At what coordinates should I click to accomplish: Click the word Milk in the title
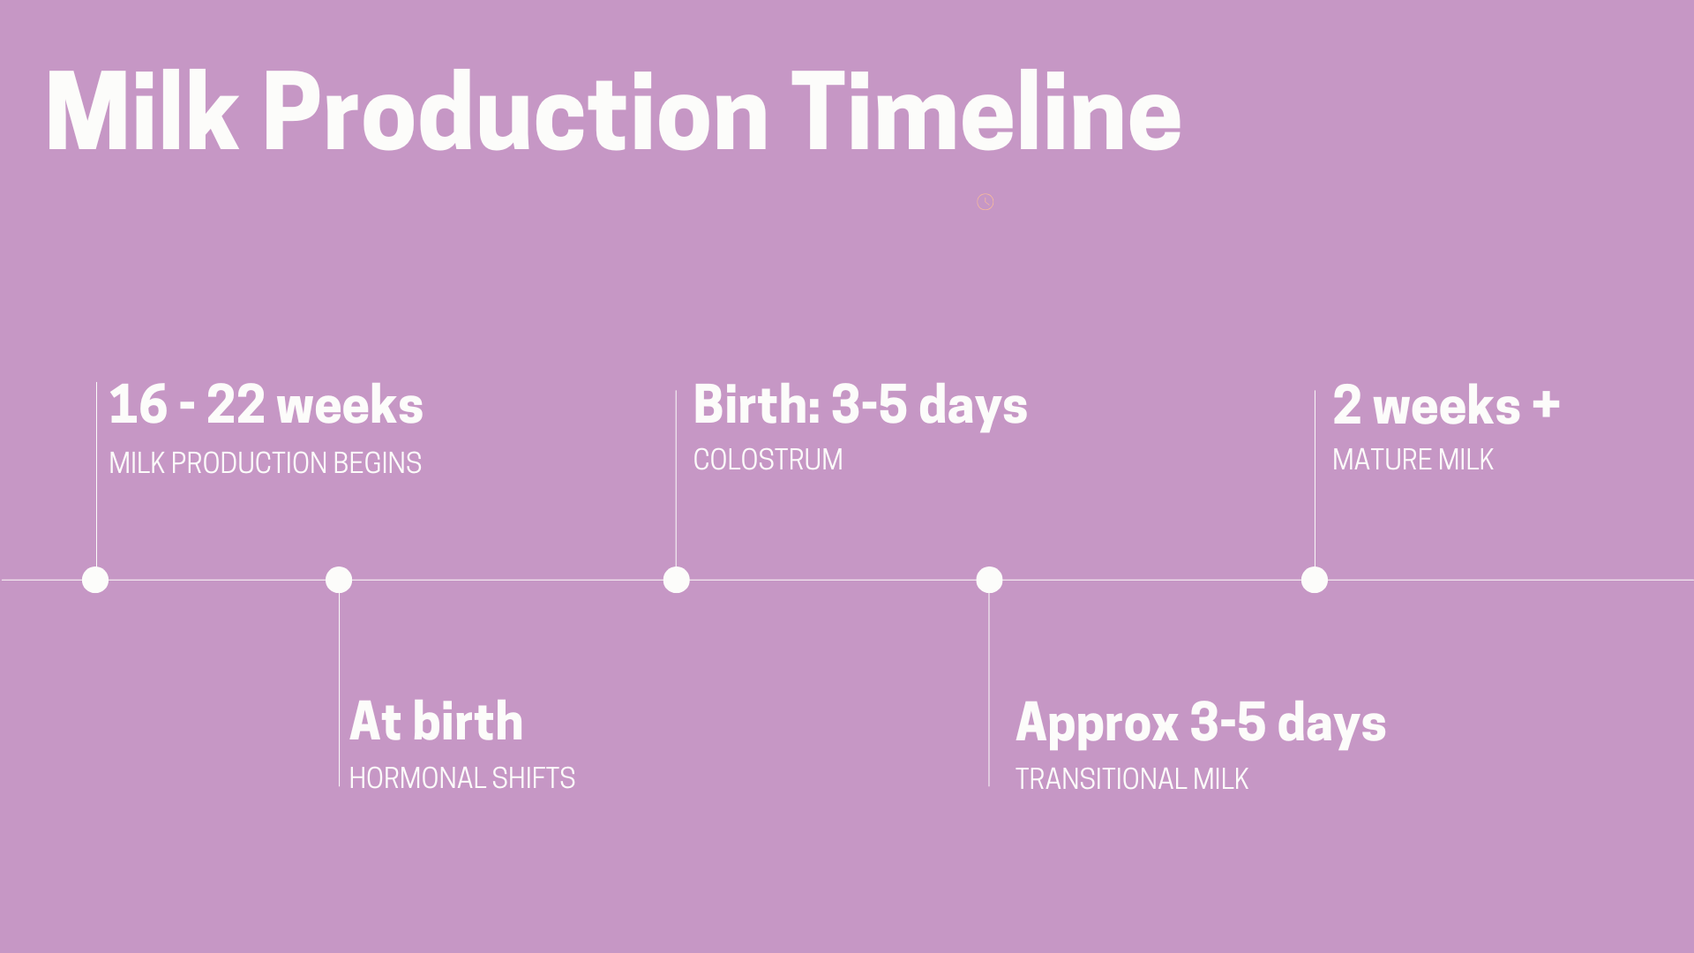point(142,112)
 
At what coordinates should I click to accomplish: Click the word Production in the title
point(515,112)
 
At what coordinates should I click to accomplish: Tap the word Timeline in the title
point(986,112)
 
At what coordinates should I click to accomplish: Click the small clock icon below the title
point(986,202)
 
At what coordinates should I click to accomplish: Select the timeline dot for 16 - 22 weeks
point(95,580)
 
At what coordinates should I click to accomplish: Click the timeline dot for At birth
point(339,580)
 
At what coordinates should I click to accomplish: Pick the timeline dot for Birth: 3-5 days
point(677,580)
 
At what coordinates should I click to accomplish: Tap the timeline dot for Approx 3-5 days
point(989,580)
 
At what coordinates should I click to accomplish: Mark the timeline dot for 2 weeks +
point(1315,580)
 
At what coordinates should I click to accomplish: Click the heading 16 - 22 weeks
point(266,405)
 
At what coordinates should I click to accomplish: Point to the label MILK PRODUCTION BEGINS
point(266,462)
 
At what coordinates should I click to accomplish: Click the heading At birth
point(436,721)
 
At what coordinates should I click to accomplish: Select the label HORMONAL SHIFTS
point(462,778)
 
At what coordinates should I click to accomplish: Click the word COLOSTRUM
point(768,460)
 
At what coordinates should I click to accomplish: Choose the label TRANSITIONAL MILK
point(1132,779)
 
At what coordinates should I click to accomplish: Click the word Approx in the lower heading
point(1097,724)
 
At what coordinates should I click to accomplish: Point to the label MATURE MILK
point(1413,460)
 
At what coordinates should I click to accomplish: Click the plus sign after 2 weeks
point(1546,405)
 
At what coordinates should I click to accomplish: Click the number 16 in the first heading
point(139,405)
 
